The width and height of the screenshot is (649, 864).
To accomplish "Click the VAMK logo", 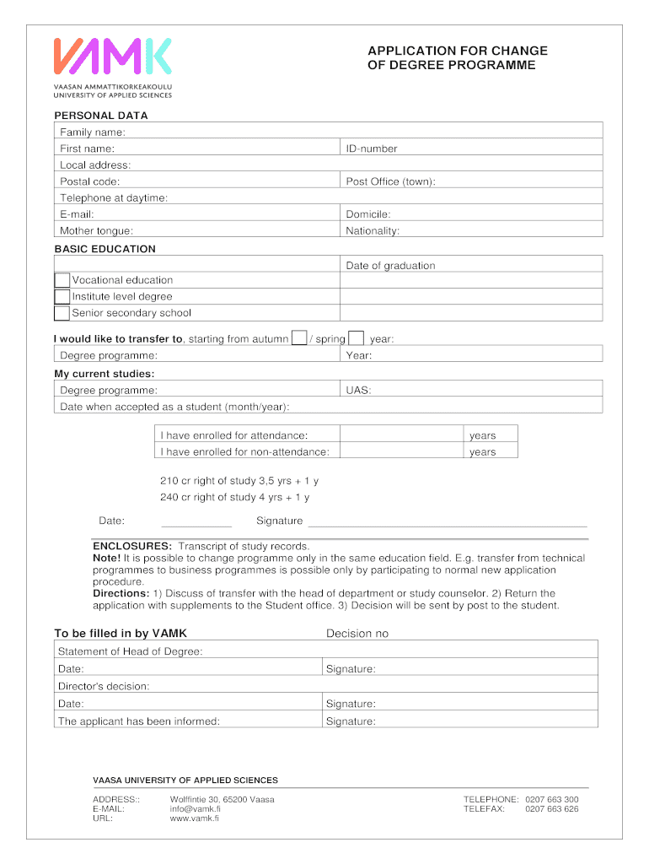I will [x=113, y=56].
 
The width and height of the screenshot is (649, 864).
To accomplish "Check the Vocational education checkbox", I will [x=62, y=280].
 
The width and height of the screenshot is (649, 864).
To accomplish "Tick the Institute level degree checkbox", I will [x=62, y=297].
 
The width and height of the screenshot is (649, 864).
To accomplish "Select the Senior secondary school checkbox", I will [x=62, y=313].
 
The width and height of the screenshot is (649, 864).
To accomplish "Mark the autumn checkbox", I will [x=298, y=338].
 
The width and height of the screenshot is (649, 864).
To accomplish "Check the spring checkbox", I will [x=356, y=338].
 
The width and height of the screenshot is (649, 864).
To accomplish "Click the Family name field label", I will [x=93, y=132].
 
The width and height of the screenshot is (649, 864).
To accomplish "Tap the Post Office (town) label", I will [x=390, y=181].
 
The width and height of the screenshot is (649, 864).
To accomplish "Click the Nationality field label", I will [x=373, y=230].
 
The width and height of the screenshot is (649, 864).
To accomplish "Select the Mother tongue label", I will [x=96, y=230].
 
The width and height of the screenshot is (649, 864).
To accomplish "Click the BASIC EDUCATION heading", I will [x=105, y=249].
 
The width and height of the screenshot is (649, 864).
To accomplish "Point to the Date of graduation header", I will [x=390, y=266].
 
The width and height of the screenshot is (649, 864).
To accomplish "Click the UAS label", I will [x=358, y=390].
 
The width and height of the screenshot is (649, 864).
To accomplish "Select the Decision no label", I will [x=357, y=634].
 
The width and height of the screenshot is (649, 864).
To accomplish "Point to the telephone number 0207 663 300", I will [x=551, y=799].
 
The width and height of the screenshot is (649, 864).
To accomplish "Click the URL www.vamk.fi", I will [x=195, y=818].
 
